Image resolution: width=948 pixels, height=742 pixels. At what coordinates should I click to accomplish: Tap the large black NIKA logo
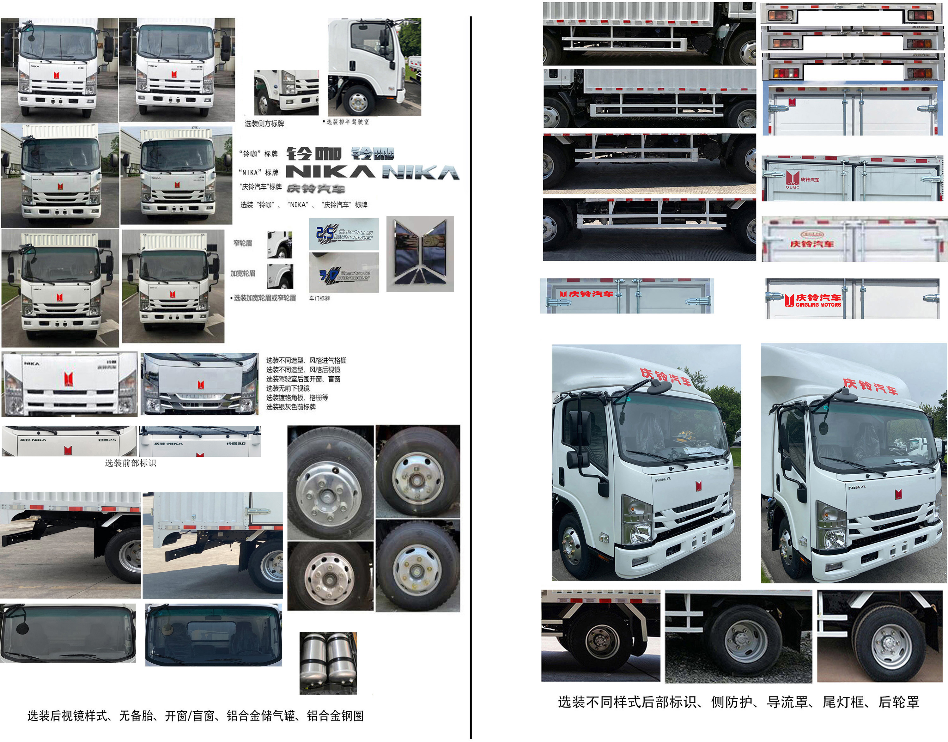[x=330, y=172]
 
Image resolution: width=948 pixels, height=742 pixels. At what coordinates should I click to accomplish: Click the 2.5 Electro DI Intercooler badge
[x=344, y=234]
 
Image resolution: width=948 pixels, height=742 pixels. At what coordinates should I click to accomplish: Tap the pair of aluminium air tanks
[x=328, y=662]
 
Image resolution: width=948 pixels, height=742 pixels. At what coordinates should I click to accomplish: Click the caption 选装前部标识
[x=130, y=463]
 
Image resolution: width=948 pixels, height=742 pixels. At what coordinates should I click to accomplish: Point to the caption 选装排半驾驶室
[x=346, y=122]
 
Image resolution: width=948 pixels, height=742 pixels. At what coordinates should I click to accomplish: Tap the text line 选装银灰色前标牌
[x=291, y=407]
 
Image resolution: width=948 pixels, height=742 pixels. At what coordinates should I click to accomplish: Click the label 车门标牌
[x=319, y=298]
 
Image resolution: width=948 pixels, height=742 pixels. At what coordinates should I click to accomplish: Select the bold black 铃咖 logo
[x=314, y=153]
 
